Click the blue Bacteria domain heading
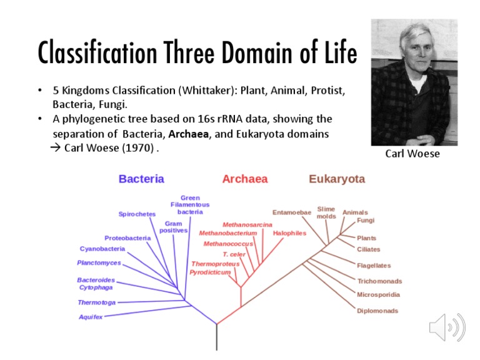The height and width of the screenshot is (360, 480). [141, 179]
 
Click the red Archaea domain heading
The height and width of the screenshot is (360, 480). [244, 179]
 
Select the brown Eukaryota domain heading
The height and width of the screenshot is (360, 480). [336, 179]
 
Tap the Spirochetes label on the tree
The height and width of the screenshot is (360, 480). [137, 214]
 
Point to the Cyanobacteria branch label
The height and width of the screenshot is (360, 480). [102, 249]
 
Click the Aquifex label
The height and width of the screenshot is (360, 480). [90, 317]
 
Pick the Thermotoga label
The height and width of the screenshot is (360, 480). [96, 302]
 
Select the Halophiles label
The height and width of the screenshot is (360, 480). [289, 233]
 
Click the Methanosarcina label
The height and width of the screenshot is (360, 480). [247, 224]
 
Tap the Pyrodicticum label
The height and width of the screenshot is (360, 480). [210, 272]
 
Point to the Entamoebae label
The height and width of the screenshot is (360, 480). [291, 212]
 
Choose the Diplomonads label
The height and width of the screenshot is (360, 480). [377, 311]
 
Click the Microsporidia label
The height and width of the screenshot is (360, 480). [378, 294]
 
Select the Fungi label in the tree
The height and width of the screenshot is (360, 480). [366, 221]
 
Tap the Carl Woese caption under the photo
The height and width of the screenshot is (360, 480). [412, 154]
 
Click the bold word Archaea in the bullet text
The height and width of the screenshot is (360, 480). [191, 134]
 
